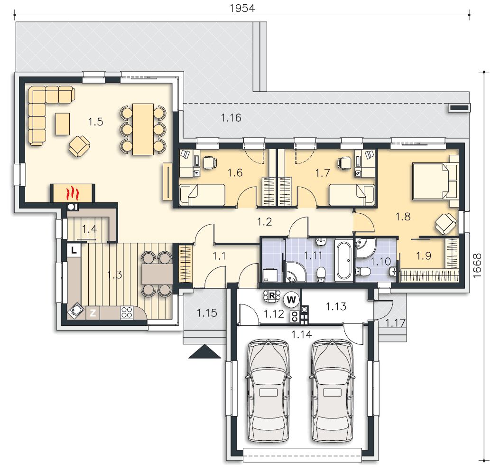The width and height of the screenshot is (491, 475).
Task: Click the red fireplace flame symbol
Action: click(72, 193)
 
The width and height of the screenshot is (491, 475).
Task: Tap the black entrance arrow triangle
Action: click(204, 351)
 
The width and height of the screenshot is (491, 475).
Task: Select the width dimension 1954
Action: click(242, 8)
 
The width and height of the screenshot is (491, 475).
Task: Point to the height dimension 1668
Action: click(477, 265)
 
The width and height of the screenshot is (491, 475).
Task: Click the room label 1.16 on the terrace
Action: click(231, 118)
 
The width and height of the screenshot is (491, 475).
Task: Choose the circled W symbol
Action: click(291, 300)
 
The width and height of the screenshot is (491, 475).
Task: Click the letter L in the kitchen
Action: click(74, 250)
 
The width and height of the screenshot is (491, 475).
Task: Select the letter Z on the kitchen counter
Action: click(93, 313)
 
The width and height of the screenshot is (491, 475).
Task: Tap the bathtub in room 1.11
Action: click(343, 260)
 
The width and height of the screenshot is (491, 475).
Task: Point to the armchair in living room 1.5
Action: click(79, 146)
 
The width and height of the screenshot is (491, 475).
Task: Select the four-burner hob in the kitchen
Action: click(127, 313)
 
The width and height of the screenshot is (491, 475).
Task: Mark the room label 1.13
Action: click(336, 306)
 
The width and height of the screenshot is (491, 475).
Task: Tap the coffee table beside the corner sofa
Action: click(62, 124)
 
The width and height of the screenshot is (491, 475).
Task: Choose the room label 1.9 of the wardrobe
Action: click(424, 256)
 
